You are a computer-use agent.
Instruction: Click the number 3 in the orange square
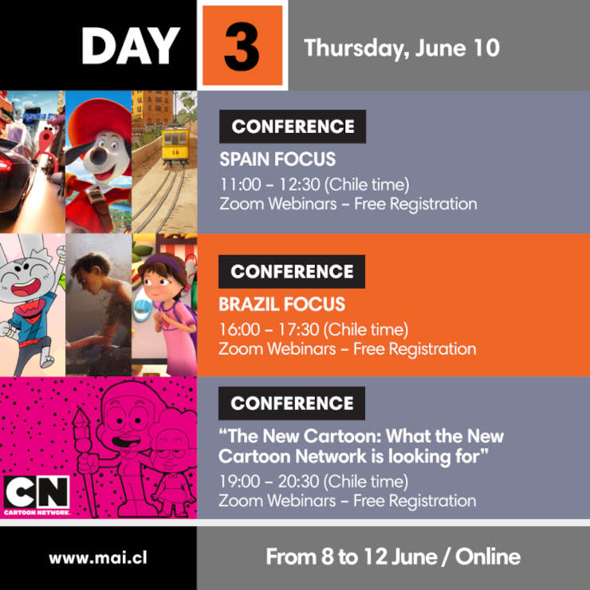pos(242,47)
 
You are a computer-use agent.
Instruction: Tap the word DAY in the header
pos(130,46)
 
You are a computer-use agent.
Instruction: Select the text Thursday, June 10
pos(402,48)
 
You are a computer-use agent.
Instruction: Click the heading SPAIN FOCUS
pos(277,159)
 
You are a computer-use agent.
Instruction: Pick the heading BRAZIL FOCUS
pos(281,304)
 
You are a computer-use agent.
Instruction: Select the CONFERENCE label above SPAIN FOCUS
pos(293,127)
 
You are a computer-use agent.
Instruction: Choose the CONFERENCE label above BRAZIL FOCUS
pos(292,272)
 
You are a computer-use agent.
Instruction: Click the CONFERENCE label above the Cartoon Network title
pos(292,403)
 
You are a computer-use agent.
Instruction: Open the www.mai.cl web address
pos(98,557)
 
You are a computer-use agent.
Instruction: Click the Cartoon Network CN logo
pos(37,495)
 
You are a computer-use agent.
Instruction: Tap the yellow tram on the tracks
pos(175,145)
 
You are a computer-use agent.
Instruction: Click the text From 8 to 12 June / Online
pos(393,557)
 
